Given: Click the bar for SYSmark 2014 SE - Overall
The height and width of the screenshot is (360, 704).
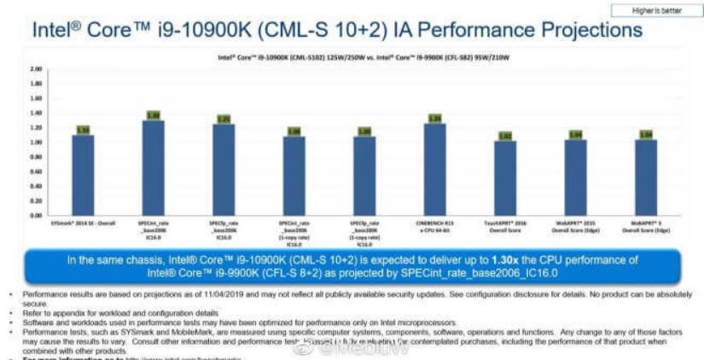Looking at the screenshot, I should pos(83,174).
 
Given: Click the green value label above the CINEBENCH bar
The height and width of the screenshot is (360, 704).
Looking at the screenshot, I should pos(434,119).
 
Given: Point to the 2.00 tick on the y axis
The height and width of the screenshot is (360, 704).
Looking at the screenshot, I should pos(36,67).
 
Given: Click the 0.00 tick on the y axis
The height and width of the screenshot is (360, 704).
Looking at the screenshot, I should pos(36,215).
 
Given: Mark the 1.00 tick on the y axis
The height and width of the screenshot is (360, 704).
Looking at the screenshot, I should pos(36,142).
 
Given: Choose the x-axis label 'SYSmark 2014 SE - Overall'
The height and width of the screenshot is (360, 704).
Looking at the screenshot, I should pos(83,223).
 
